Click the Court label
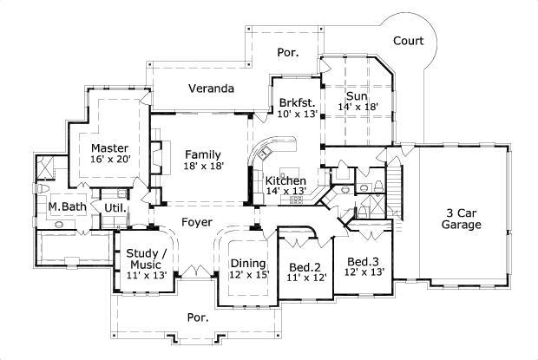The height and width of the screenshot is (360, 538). coord(408,40)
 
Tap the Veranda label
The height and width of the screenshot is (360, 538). coord(212,88)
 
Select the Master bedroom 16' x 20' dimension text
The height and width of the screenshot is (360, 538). coord(110,160)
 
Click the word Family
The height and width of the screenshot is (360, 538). coord(202,154)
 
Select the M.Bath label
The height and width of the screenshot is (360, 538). coord(64,206)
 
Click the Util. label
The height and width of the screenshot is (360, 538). coord(115,208)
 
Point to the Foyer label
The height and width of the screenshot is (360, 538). coord(197,222)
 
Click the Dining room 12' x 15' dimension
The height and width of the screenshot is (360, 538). coord(248,275)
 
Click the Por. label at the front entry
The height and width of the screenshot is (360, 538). coord(198,318)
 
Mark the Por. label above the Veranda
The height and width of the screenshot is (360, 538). coord(288,53)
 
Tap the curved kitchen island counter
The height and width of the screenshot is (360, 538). coord(261,160)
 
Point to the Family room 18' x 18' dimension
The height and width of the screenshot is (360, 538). coord(202,166)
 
